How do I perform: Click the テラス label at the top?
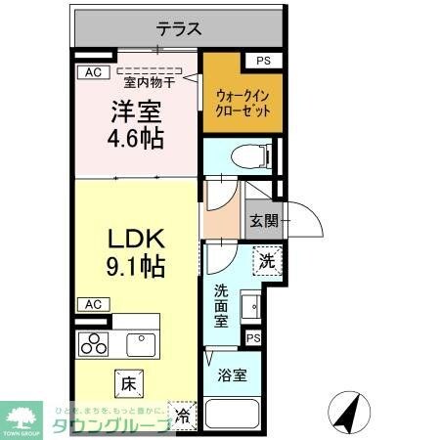pos(180,29)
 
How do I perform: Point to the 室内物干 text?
pos(150,83)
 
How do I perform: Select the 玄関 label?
pos(262,221)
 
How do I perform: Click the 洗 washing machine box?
pos(266,261)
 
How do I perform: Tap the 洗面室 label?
pos(224,304)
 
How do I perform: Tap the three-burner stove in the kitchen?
pos(97,343)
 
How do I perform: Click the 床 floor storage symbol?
pos(129,377)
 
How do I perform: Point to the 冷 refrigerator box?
pos(182,413)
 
